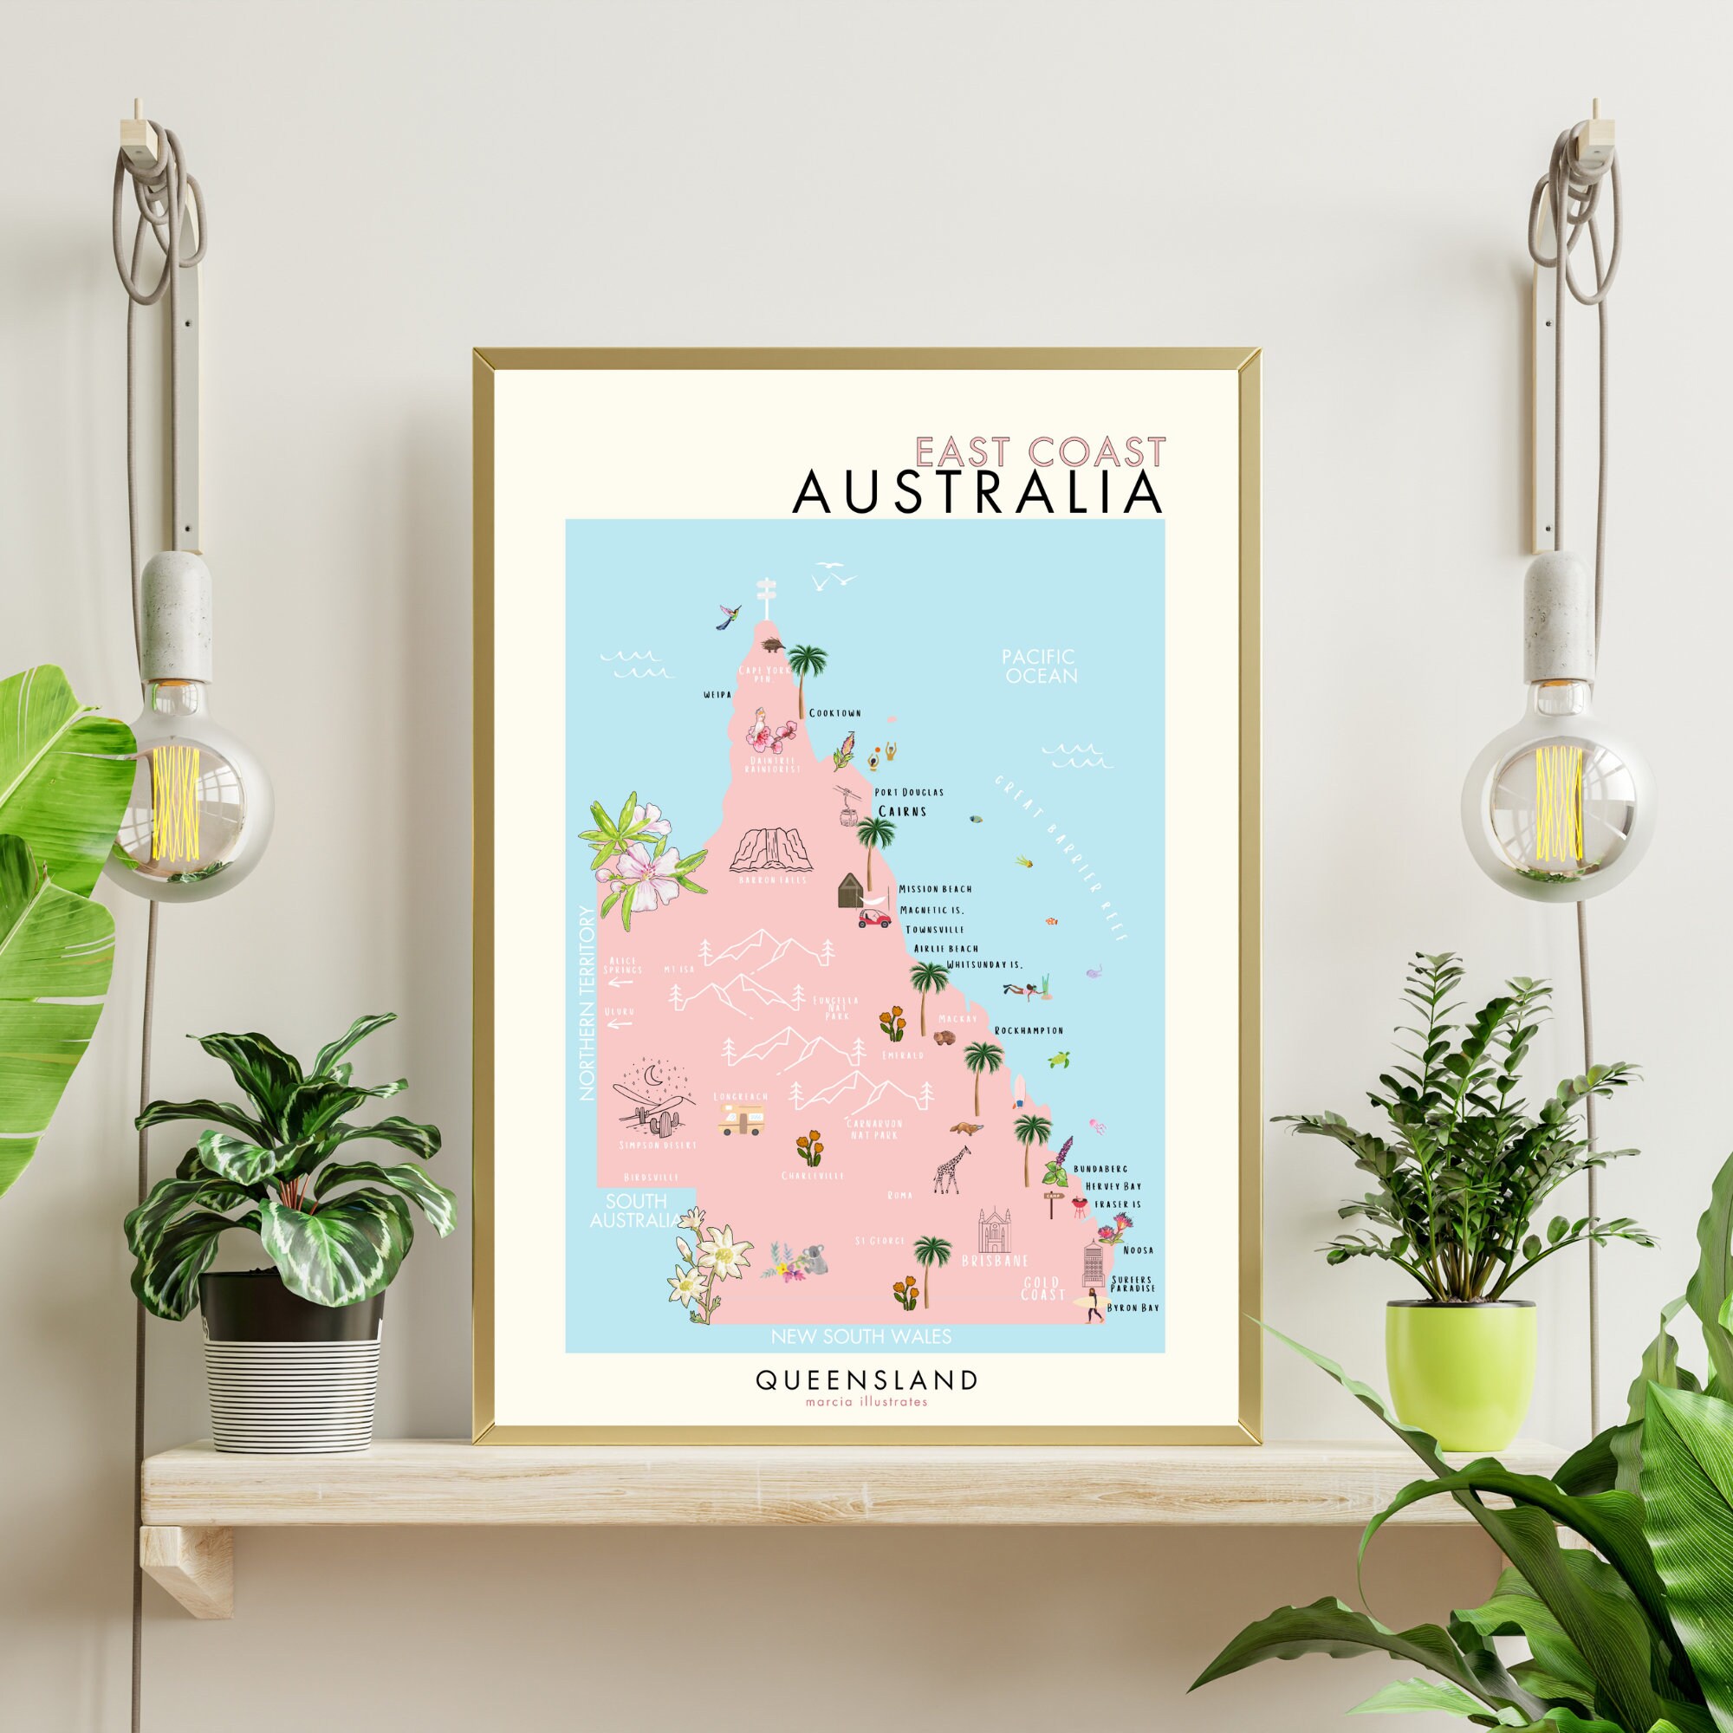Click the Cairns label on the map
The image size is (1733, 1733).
click(x=901, y=811)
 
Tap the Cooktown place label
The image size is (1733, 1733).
click(x=834, y=713)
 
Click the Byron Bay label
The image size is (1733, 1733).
click(x=1132, y=1308)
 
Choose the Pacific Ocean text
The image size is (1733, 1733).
click(x=1040, y=666)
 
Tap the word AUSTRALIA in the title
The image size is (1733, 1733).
click(x=978, y=492)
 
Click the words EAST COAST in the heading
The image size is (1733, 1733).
click(x=1041, y=451)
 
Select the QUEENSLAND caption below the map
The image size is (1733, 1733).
click(x=866, y=1379)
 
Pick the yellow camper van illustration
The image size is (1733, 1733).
click(x=741, y=1119)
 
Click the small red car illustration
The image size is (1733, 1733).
click(x=873, y=918)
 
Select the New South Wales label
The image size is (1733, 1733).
click(x=861, y=1336)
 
